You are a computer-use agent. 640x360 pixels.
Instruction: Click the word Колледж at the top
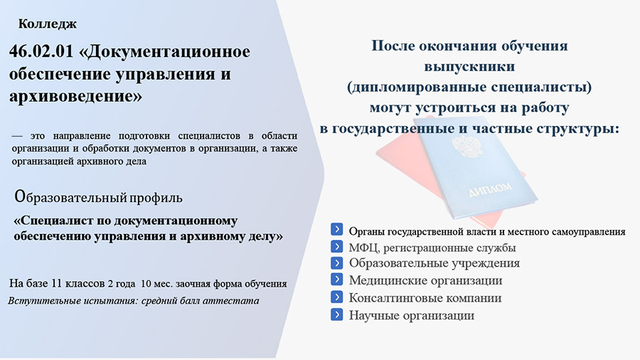48,24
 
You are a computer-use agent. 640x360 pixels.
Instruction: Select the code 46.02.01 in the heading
41,51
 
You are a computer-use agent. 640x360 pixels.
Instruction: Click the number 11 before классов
56,283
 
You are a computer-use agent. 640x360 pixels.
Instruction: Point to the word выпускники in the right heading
469,67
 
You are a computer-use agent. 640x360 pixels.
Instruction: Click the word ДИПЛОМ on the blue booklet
490,189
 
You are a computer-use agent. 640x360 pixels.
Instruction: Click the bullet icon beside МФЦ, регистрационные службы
337,247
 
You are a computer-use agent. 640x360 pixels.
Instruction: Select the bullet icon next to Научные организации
337,314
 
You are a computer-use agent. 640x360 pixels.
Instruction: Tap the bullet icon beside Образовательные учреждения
337,263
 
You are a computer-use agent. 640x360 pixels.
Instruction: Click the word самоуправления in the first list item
589,232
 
